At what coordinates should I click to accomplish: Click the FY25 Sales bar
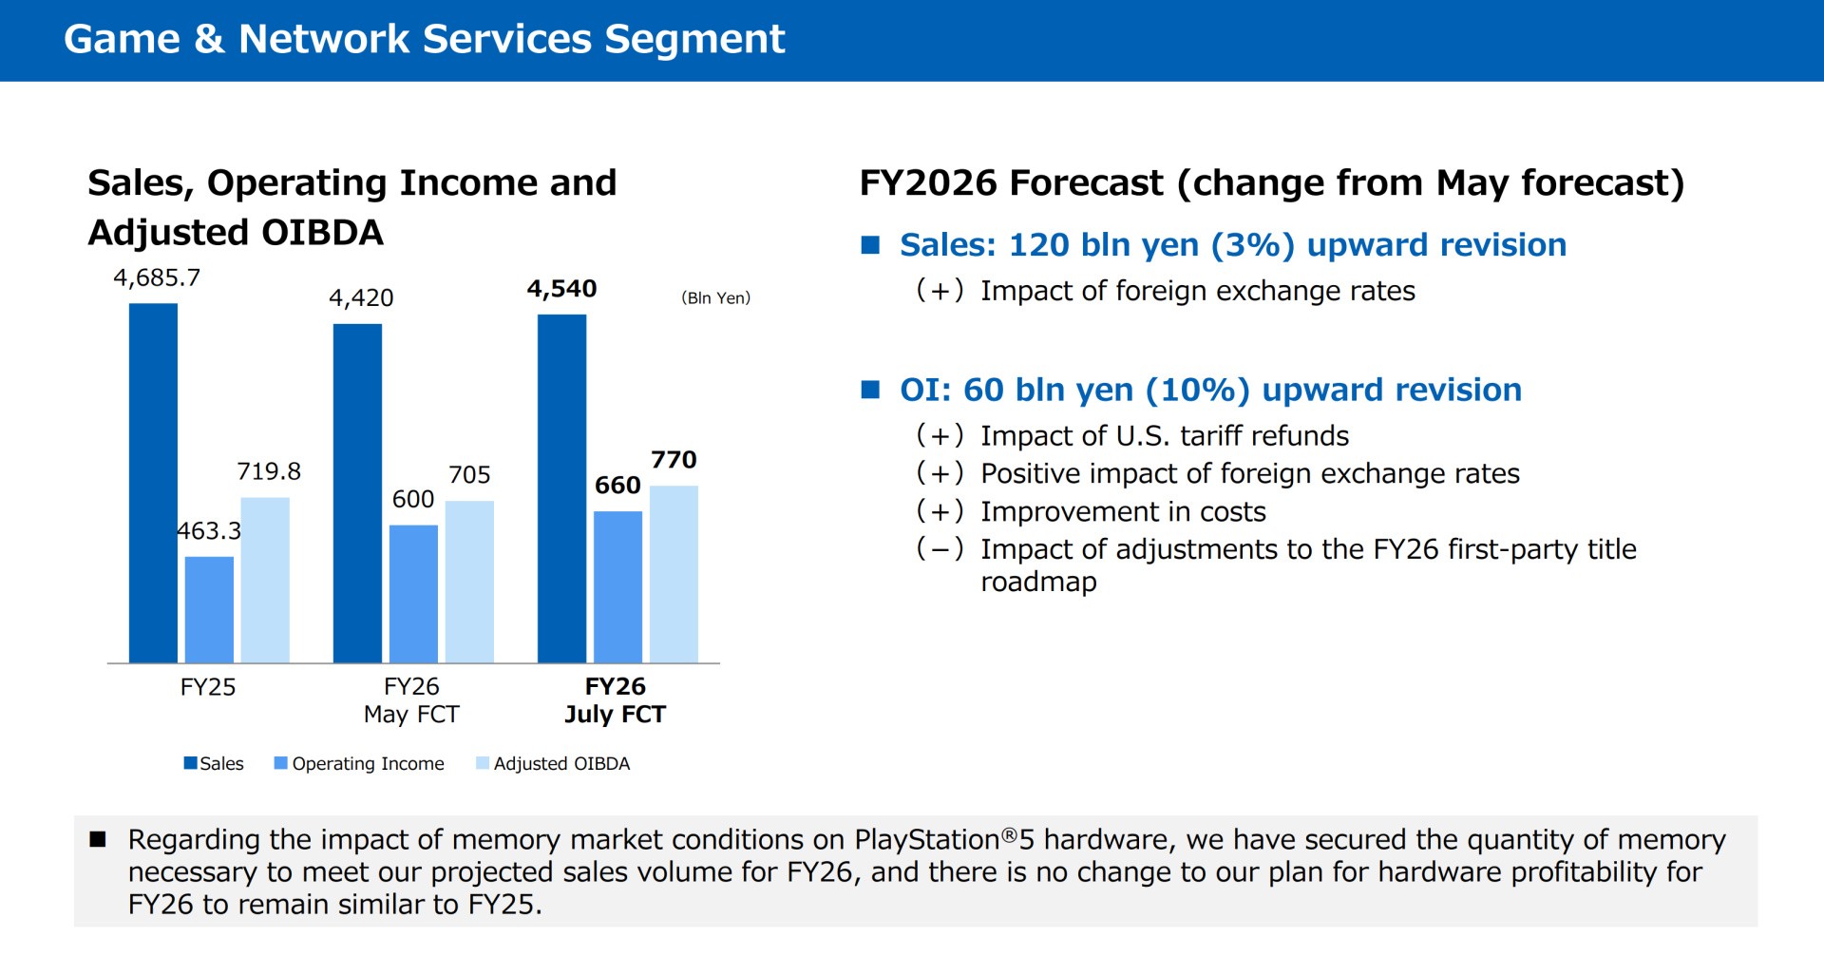(x=153, y=483)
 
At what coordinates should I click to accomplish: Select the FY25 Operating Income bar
(x=209, y=610)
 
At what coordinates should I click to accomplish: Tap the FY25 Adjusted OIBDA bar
(x=265, y=581)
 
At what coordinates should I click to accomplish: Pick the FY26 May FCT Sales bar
(x=357, y=493)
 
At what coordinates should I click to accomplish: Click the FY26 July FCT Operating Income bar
(x=617, y=587)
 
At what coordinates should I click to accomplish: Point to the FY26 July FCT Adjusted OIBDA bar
(x=674, y=575)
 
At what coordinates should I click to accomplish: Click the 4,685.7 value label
(x=157, y=277)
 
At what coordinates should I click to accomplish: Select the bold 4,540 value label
(x=561, y=289)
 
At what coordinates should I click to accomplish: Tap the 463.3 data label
(x=209, y=531)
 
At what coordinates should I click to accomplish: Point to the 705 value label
(x=469, y=475)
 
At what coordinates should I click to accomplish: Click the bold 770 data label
(x=674, y=460)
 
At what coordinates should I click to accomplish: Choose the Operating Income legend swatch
(x=280, y=763)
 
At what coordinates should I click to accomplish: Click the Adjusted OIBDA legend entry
(x=553, y=763)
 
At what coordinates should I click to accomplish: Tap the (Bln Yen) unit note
(x=715, y=298)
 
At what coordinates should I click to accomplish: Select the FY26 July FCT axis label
(x=616, y=700)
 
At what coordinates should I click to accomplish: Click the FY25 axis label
(x=208, y=687)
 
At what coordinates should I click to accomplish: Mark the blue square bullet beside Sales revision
(x=870, y=245)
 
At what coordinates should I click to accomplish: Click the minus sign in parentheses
(x=940, y=549)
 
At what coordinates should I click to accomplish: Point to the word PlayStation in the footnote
(x=926, y=840)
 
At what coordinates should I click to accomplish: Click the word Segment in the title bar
(x=694, y=40)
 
